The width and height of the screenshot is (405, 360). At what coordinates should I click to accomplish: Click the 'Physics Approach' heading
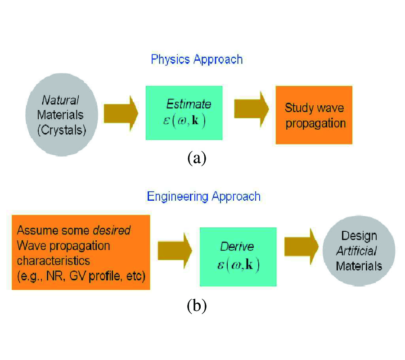(197, 59)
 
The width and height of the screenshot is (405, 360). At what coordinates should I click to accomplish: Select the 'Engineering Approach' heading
(203, 197)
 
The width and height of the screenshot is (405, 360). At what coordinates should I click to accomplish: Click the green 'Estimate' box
(184, 112)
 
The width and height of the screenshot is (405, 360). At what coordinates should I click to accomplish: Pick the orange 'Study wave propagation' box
(314, 115)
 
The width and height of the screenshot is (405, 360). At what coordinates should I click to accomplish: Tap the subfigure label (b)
(197, 306)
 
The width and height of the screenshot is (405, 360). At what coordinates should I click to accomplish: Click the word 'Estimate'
(189, 104)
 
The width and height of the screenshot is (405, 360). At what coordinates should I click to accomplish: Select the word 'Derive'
(237, 247)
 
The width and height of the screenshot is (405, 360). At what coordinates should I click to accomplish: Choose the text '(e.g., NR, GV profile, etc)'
(81, 275)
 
